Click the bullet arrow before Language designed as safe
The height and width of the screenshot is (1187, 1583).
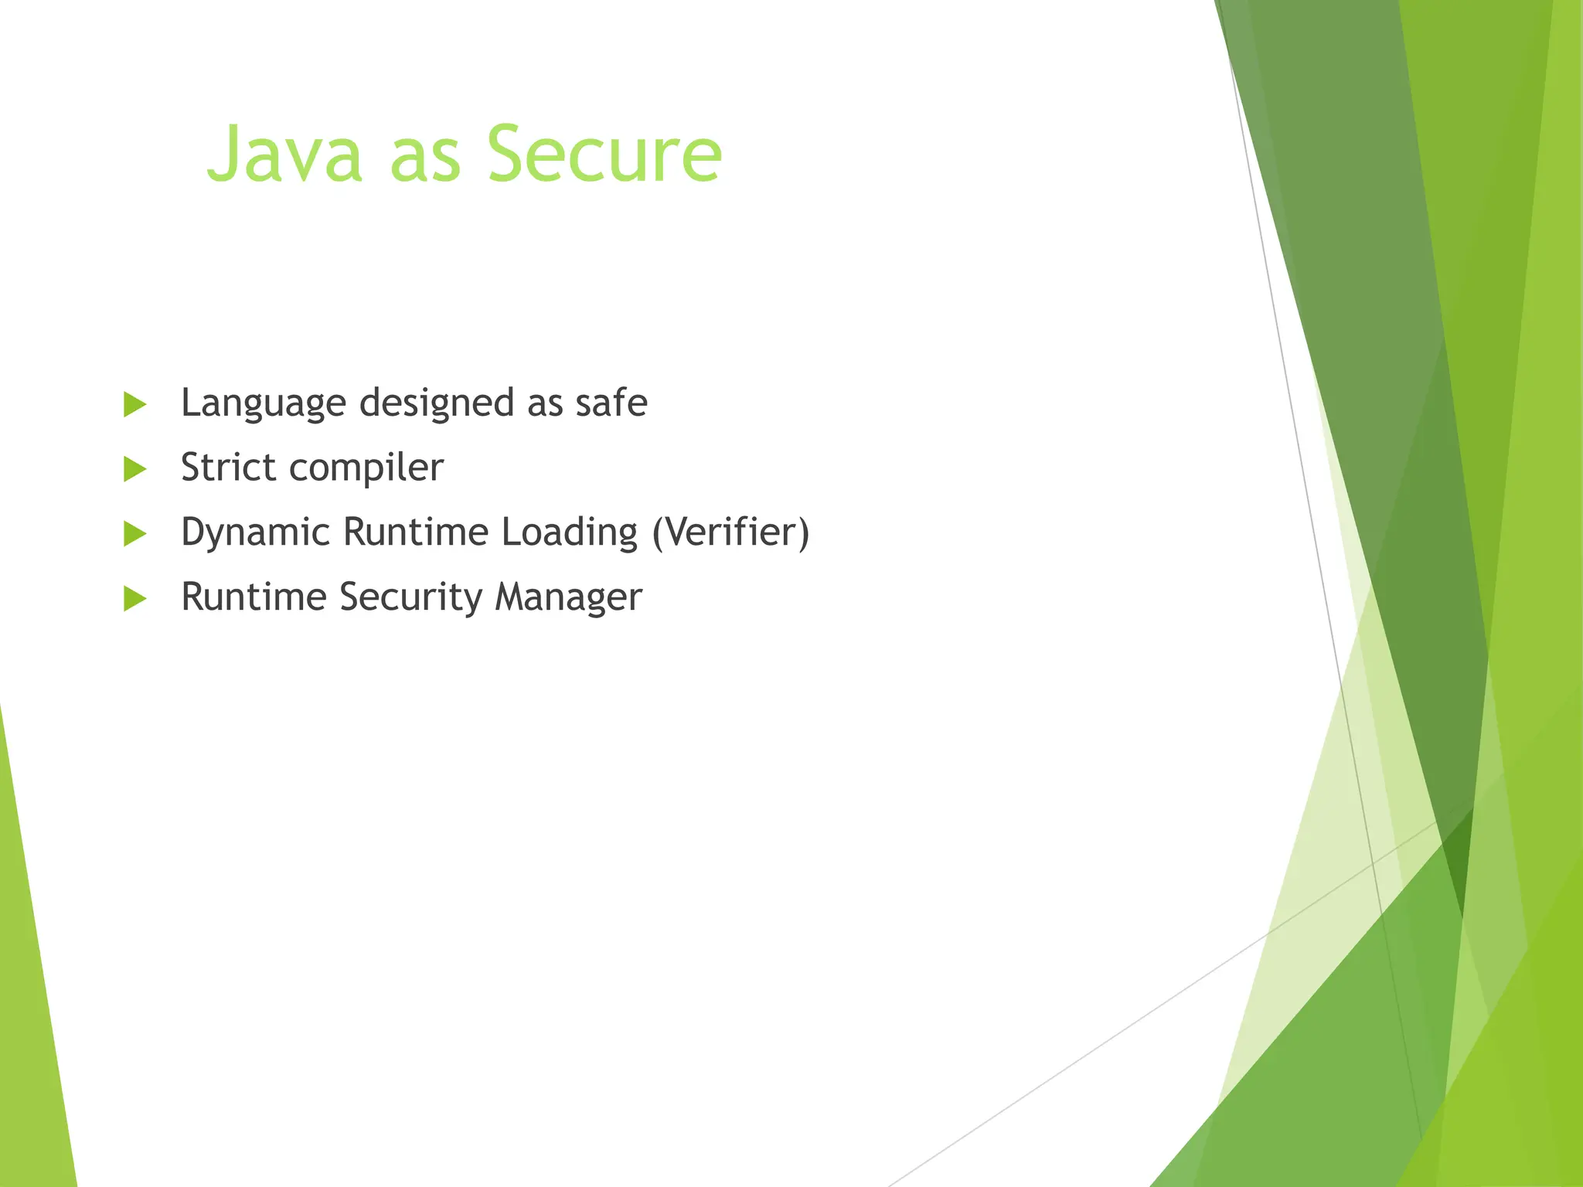tap(134, 404)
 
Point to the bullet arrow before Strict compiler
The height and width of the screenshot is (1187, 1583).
tap(134, 469)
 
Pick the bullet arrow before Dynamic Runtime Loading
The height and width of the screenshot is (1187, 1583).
tap(134, 534)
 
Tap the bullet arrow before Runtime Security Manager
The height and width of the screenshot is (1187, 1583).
tap(134, 599)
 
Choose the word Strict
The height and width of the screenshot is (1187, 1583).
tap(227, 468)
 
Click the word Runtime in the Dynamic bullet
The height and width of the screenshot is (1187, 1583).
tap(415, 532)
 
